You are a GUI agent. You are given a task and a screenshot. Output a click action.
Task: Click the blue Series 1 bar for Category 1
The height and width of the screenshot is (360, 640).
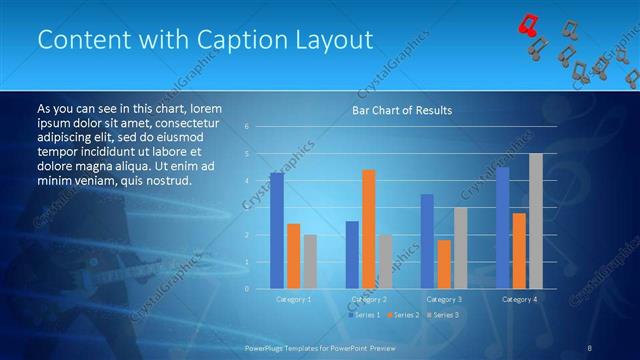276,231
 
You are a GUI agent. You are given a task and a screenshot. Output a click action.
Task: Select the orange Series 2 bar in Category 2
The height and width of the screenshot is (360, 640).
369,229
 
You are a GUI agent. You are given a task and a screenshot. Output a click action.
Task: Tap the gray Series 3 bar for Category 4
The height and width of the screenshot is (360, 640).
536,221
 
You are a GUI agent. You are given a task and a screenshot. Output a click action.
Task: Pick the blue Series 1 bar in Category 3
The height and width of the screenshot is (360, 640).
427,241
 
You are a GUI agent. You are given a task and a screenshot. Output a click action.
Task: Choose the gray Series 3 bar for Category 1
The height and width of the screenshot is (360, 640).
310,261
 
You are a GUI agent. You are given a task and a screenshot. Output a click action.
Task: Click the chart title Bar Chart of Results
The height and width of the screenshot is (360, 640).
401,110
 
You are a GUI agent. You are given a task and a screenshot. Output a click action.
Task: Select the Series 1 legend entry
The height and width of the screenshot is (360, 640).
364,315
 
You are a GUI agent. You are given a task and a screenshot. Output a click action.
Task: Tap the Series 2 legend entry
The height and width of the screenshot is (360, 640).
403,315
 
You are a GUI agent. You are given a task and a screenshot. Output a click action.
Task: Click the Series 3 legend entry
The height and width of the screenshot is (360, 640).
442,315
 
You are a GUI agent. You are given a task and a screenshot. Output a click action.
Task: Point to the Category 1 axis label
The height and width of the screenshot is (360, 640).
293,299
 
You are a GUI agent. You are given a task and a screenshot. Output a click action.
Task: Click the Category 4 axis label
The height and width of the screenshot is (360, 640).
519,299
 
